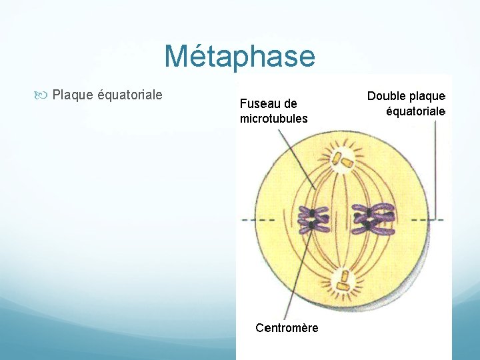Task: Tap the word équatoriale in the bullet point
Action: (x=130, y=95)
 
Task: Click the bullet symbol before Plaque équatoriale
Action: (x=44, y=95)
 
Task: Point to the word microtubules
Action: (x=273, y=119)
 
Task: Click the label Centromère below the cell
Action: (x=287, y=328)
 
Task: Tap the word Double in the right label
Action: (x=385, y=96)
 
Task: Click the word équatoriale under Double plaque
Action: (x=415, y=111)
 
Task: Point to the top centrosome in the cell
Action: (x=345, y=160)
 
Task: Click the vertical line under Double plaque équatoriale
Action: (x=437, y=167)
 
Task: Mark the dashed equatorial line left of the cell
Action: (x=249, y=219)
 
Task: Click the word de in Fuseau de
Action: (x=290, y=104)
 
